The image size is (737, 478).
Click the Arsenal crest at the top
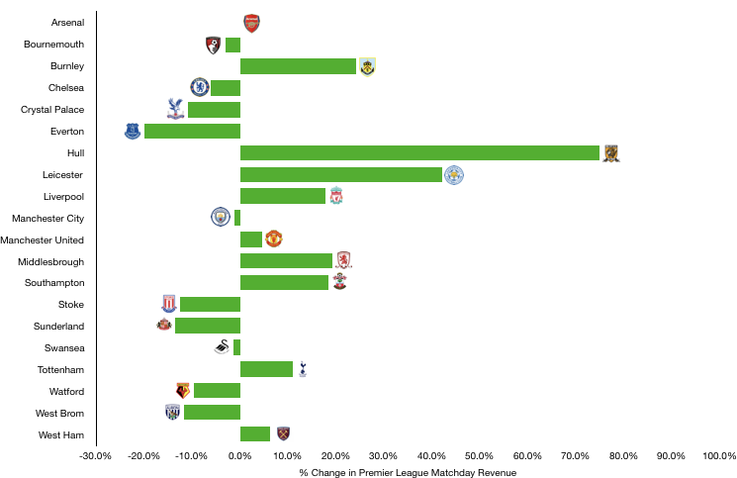coord(252,24)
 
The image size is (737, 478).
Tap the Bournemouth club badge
coord(213,46)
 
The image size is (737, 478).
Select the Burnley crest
coord(367,67)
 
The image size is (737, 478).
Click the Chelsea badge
coord(200,87)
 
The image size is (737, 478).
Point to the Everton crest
coord(133,131)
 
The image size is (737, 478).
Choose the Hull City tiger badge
coord(611,153)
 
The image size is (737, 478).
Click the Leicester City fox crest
coord(454,175)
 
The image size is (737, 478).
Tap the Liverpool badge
coord(336,195)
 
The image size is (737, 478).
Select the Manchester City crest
coord(221,217)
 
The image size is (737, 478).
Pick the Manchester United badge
coord(274,239)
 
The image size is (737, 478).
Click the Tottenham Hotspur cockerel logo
coord(303,369)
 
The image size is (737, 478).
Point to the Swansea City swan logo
coord(222,347)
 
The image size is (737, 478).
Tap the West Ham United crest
coord(284,433)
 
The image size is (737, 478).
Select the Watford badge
coord(183,391)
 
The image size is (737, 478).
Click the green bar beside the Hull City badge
coord(419,153)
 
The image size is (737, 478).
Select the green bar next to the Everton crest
coord(192,131)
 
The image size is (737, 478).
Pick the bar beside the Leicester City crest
coord(341,175)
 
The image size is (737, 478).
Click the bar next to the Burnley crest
coord(298,66)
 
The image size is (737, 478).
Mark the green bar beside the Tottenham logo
coord(266,369)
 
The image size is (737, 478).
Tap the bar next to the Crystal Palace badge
coord(214,110)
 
